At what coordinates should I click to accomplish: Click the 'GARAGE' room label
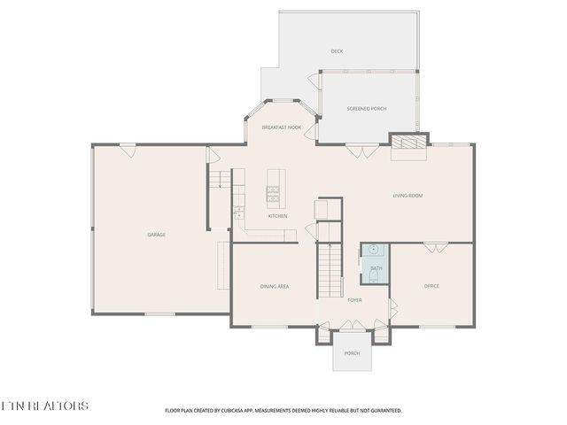click(156, 235)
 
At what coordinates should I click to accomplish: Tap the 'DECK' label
click(337, 51)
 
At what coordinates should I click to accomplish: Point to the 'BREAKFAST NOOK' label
click(282, 127)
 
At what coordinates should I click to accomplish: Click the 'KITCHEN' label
click(278, 216)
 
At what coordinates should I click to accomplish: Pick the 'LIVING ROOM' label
click(409, 197)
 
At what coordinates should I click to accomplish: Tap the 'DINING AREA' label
click(275, 286)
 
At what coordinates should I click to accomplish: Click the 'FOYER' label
click(354, 300)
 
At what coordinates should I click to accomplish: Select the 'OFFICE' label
click(431, 286)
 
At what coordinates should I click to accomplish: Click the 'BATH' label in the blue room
click(377, 268)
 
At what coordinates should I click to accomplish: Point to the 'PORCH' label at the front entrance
click(353, 353)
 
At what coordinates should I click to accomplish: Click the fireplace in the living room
click(408, 143)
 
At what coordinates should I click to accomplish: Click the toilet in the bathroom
click(376, 278)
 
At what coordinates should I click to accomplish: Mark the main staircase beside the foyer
click(330, 266)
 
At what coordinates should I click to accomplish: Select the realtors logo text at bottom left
click(44, 406)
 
